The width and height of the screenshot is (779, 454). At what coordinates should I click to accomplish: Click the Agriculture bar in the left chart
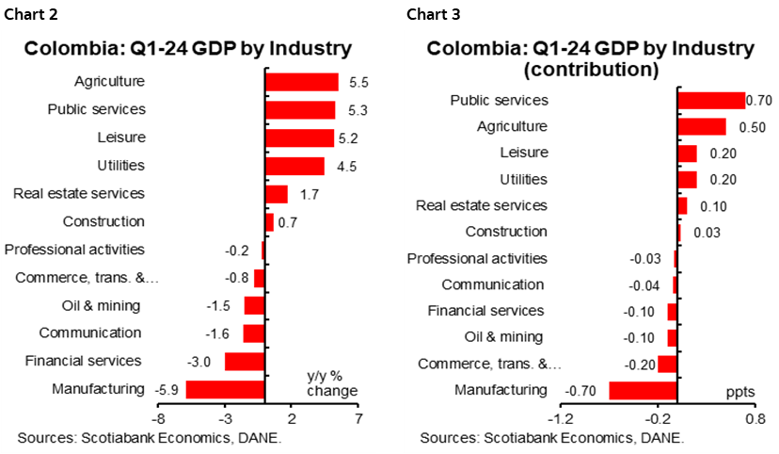tap(301, 82)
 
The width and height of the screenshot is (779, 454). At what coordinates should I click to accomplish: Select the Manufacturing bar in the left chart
tap(225, 389)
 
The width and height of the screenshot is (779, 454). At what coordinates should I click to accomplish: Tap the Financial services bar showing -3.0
tap(245, 362)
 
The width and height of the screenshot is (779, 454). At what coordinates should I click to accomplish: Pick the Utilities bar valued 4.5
tap(294, 166)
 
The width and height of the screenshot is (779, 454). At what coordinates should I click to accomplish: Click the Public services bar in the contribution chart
tap(710, 100)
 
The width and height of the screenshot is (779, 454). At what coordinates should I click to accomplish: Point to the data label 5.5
tap(358, 82)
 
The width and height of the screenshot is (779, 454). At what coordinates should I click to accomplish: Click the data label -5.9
tap(166, 389)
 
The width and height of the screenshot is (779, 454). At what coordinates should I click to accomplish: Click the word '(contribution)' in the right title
tap(590, 70)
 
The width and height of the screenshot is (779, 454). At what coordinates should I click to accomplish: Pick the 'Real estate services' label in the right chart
tap(481, 205)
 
